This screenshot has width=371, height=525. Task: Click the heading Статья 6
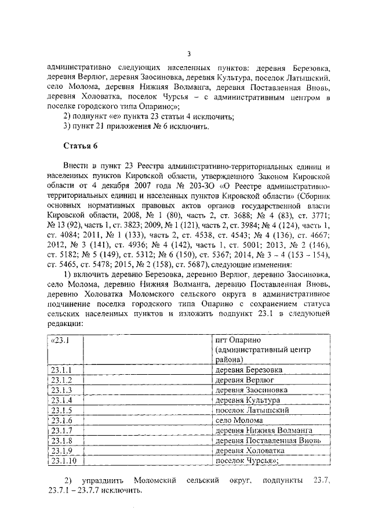pos(81,145)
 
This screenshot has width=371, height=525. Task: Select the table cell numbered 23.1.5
pos(62,410)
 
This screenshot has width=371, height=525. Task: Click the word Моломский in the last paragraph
pos(154,480)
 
